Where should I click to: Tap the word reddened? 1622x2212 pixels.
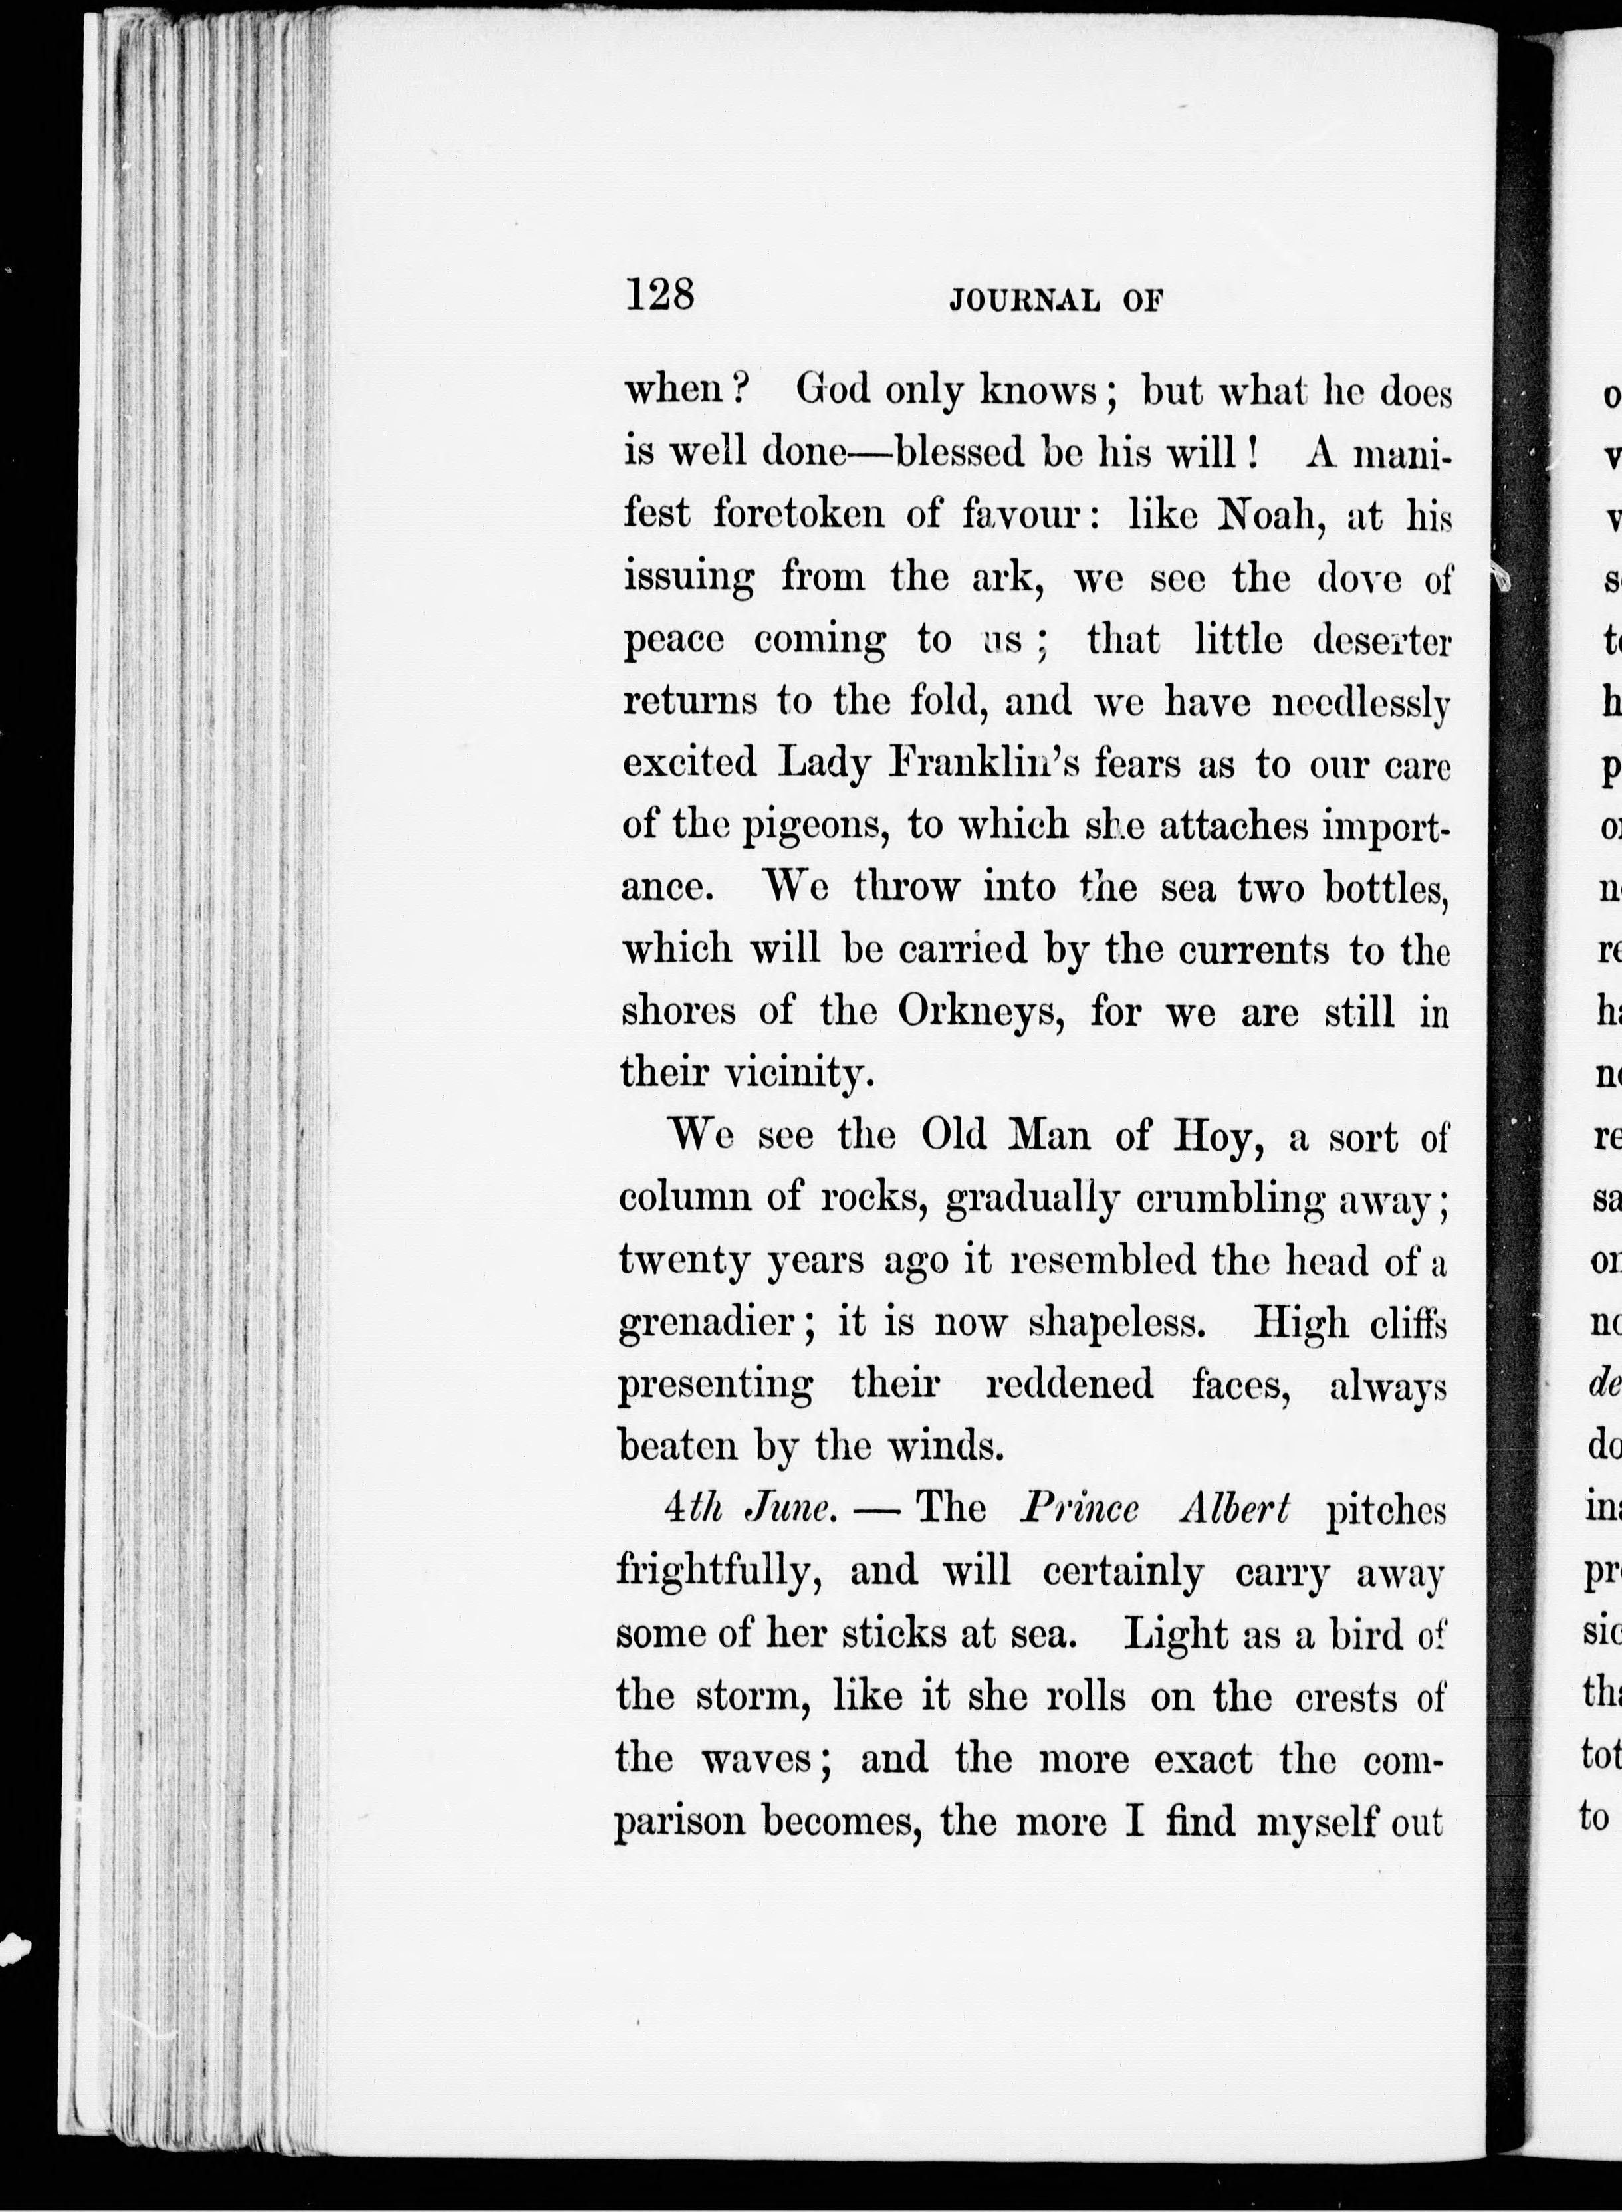click(1069, 1385)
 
